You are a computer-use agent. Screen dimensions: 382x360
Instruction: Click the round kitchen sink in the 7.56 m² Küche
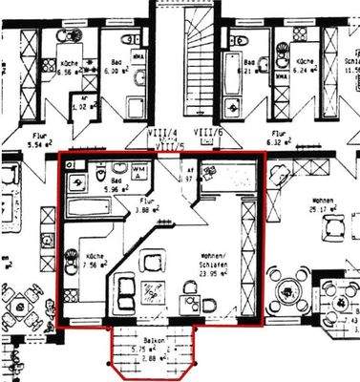(71, 255)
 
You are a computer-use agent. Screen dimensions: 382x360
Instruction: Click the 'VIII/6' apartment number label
(208, 134)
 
